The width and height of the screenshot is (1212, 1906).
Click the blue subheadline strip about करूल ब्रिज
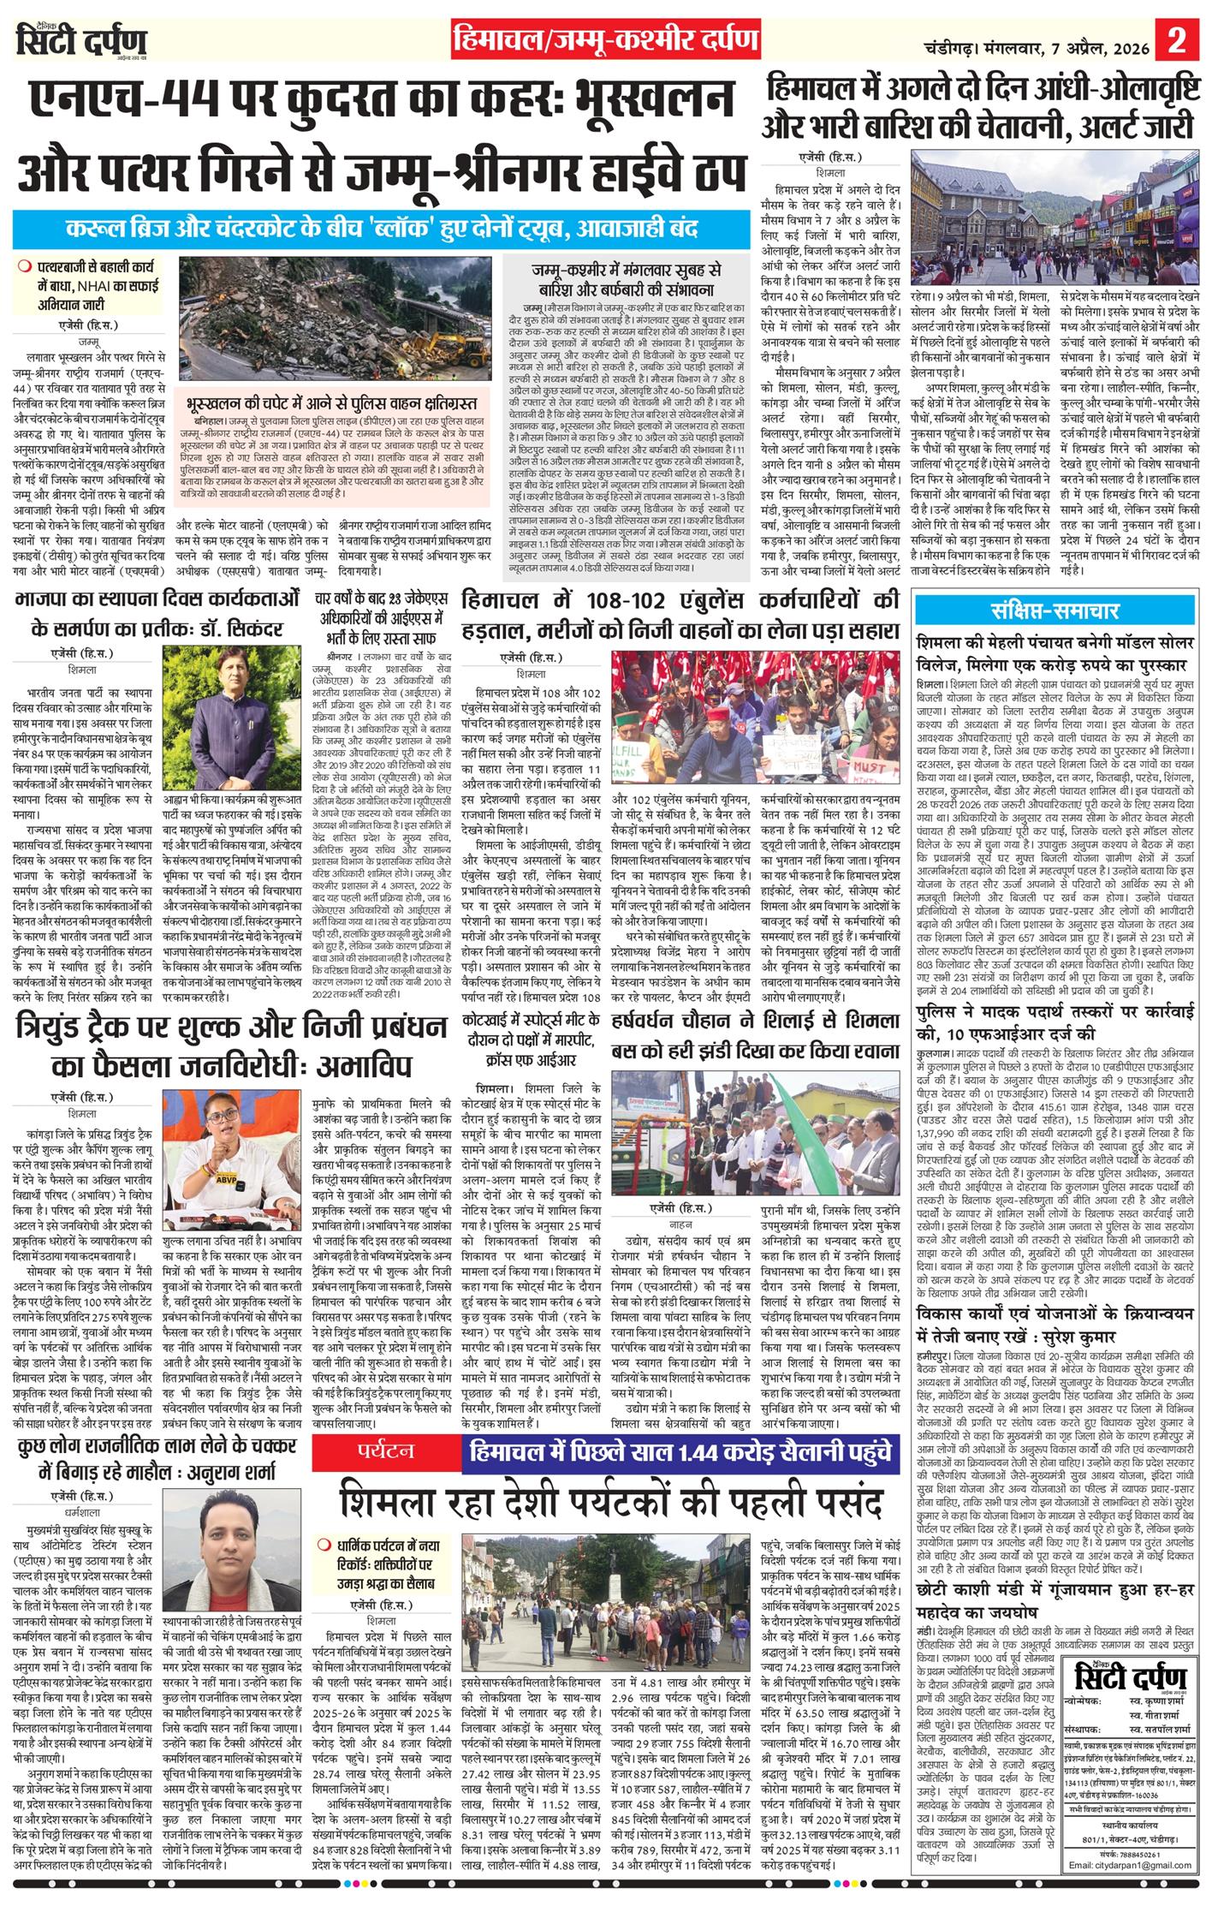(x=382, y=230)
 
